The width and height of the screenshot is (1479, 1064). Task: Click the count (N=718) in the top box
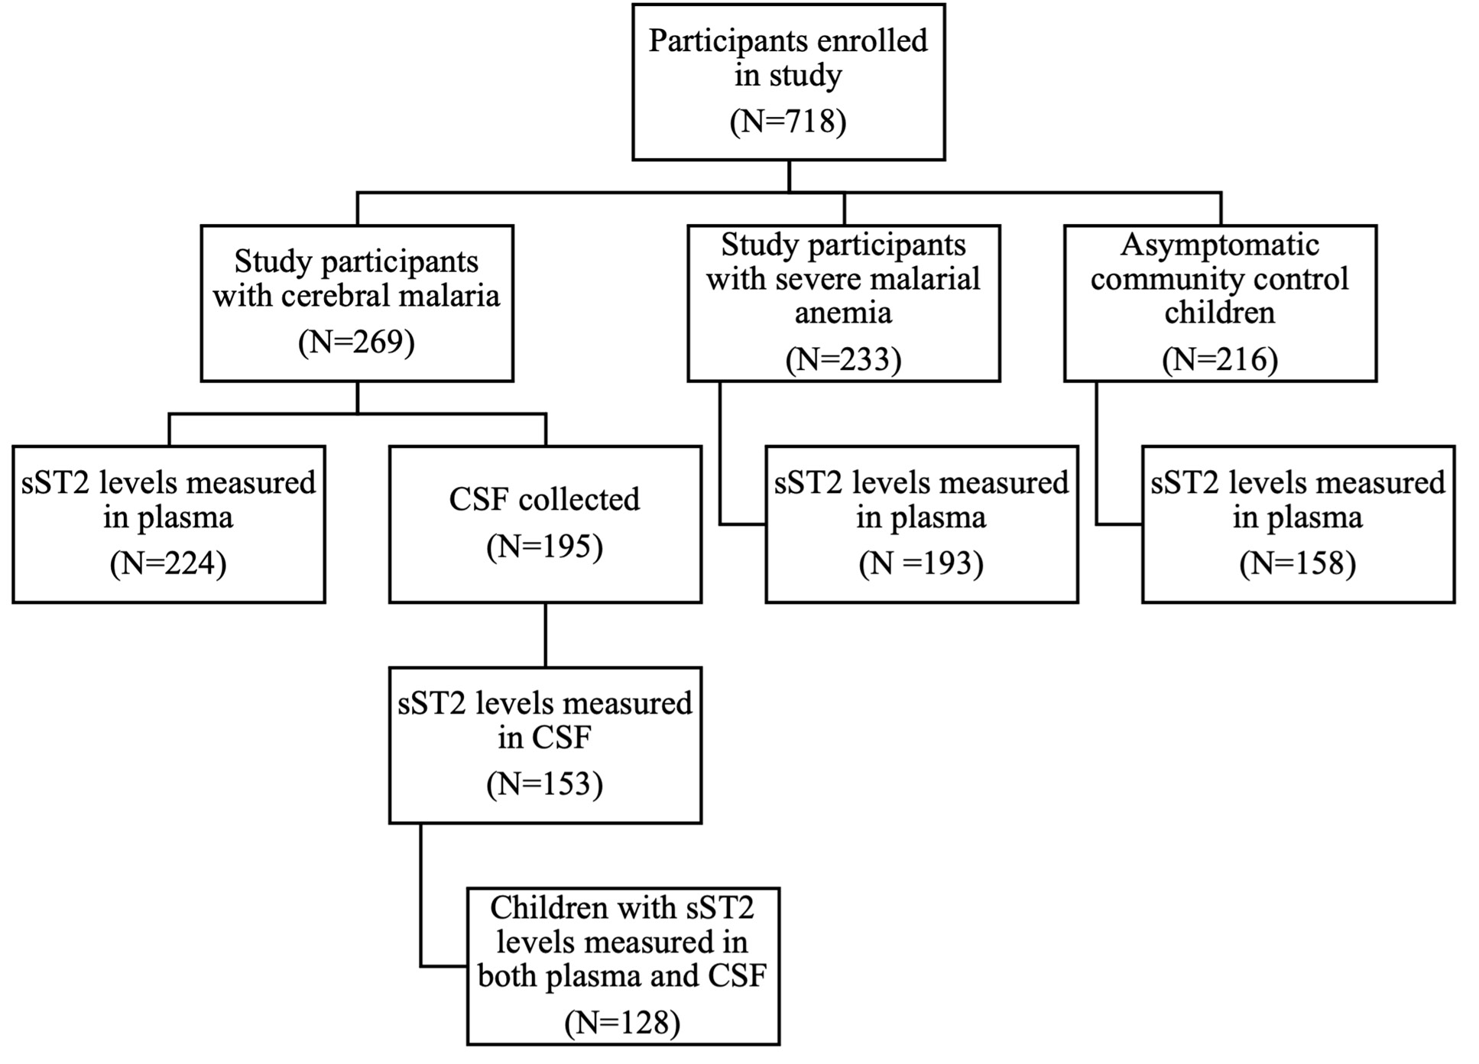click(788, 122)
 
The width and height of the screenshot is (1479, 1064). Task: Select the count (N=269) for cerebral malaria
click(356, 342)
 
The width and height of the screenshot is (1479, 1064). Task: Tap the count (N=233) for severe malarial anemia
click(843, 359)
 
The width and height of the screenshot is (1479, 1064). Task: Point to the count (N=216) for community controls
click(1220, 359)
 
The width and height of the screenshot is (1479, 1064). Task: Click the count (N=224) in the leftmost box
click(168, 564)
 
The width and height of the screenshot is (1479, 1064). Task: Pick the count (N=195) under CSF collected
click(544, 547)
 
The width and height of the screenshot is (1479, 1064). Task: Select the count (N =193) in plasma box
click(921, 564)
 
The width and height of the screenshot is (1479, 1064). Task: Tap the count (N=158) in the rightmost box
click(1298, 564)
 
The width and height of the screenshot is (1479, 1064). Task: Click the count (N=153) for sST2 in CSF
click(544, 785)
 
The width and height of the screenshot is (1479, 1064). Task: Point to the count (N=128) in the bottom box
click(622, 1023)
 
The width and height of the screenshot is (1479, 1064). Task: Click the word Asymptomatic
click(1220, 245)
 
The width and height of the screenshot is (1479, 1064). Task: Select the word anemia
click(843, 313)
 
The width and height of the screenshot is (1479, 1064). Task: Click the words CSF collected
click(544, 500)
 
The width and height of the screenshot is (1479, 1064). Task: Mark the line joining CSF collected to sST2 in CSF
click(545, 634)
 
